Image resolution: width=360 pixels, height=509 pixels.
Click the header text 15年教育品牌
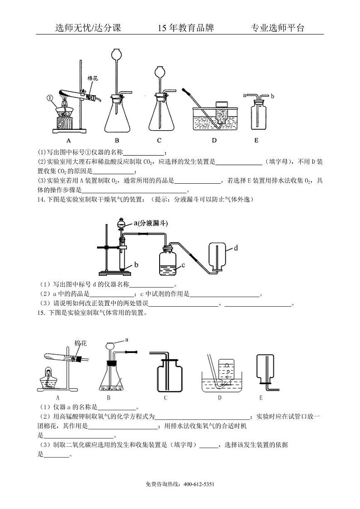185,28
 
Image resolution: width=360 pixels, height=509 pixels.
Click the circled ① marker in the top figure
50,98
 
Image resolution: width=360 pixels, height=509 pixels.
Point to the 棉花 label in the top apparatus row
93,78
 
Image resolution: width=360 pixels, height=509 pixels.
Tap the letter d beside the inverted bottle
236,248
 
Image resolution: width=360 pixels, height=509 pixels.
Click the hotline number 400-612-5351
199,484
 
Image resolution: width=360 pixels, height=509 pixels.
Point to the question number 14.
41,199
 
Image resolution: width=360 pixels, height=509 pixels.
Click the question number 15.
41,313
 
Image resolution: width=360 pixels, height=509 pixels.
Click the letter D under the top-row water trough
214,140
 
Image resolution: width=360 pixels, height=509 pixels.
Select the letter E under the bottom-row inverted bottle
261,398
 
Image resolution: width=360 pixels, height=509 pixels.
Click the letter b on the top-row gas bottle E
272,97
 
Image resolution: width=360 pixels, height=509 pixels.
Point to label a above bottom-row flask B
126,339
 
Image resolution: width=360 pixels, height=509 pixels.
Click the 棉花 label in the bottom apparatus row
80,343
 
